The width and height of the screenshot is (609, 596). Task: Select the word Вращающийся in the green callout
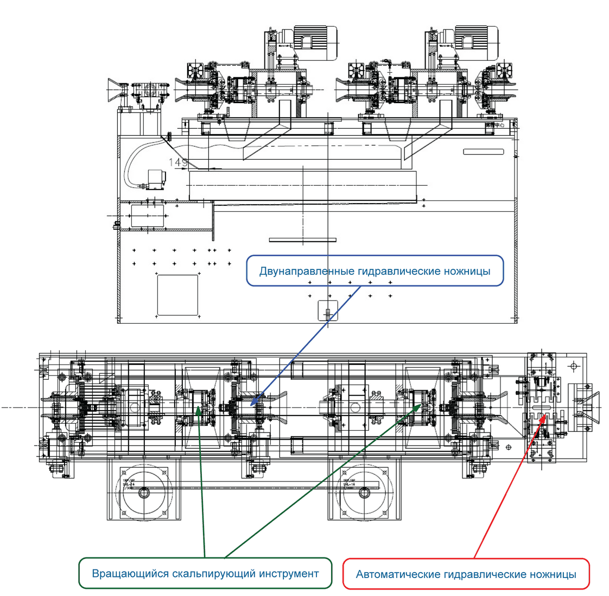[x=129, y=574]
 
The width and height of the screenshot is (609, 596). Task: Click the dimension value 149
[x=177, y=162]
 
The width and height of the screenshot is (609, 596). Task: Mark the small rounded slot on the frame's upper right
[x=483, y=152]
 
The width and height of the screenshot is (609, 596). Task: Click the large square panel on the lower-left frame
[x=177, y=295]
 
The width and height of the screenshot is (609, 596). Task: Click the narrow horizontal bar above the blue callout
[x=302, y=240]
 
